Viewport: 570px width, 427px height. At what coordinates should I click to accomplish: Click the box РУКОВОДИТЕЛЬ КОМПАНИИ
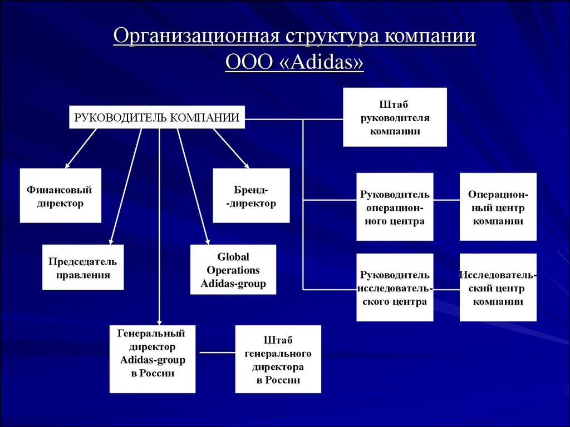157,117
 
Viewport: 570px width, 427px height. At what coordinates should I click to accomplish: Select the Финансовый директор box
60,196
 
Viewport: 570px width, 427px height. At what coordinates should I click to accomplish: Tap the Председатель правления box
82,267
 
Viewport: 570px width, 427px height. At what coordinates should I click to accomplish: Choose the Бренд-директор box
251,196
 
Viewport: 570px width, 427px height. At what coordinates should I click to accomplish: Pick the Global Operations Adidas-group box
233,270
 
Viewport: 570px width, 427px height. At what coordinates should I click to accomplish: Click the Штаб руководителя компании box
394,117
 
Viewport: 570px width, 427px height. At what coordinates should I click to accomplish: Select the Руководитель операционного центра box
394,207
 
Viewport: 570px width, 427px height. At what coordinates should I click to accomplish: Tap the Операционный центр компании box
498,207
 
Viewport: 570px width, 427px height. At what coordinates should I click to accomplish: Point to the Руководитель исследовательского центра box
394,288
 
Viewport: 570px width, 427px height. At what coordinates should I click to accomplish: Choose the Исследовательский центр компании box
498,288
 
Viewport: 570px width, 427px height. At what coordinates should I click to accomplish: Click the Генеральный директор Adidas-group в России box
153,359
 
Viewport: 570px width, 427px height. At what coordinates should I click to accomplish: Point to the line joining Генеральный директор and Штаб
215,352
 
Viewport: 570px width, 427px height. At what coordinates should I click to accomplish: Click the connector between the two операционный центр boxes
446,198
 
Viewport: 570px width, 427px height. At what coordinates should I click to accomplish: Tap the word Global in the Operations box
233,257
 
